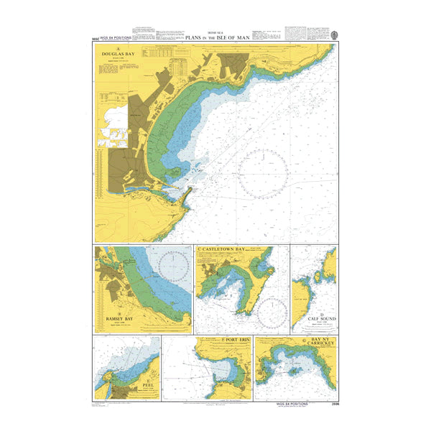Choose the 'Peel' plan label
(x=148, y=386)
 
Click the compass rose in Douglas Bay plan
(x=265, y=173)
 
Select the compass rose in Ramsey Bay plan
(x=173, y=267)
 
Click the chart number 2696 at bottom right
(x=331, y=406)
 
